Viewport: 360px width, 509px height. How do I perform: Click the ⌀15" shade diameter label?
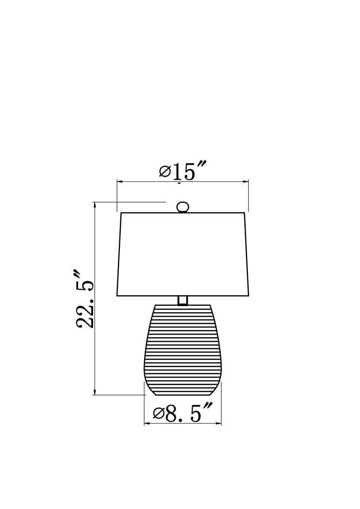pyautogui.click(x=183, y=171)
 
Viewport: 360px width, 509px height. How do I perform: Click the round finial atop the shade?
pyautogui.click(x=182, y=207)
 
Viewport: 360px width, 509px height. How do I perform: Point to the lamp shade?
pyautogui.click(x=182, y=254)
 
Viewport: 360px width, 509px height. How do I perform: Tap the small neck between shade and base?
pyautogui.click(x=182, y=300)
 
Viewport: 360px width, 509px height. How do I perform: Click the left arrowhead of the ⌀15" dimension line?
pyautogui.click(x=119, y=182)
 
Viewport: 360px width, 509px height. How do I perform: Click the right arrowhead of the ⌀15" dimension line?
pyautogui.click(x=246, y=182)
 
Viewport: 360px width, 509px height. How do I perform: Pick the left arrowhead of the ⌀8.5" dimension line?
pyautogui.click(x=147, y=424)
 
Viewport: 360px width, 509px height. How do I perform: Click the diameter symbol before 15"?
pyautogui.click(x=164, y=172)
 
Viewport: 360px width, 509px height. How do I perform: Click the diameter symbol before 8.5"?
pyautogui.click(x=158, y=414)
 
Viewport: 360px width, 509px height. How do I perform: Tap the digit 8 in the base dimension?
pyautogui.click(x=171, y=413)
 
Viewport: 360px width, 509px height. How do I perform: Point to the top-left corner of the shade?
pyautogui.click(x=120, y=213)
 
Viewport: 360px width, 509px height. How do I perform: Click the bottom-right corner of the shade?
pyautogui.click(x=249, y=295)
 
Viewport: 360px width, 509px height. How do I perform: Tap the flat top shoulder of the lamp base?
pyautogui.click(x=182, y=306)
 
